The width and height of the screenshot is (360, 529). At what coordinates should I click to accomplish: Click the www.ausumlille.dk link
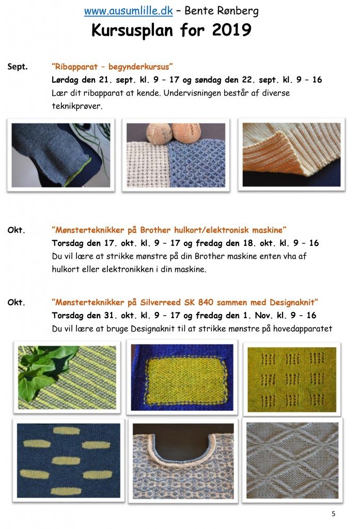click(x=128, y=11)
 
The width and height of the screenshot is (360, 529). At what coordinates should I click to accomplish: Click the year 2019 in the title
click(x=232, y=30)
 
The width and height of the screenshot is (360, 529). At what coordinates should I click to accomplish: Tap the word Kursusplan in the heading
click(x=132, y=30)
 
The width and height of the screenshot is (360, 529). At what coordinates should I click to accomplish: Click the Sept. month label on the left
click(x=18, y=67)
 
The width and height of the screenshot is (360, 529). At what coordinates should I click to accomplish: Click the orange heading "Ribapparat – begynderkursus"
click(x=113, y=67)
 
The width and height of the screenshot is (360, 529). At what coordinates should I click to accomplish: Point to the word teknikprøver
click(x=77, y=106)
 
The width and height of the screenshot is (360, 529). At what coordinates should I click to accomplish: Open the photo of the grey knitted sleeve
click(x=61, y=155)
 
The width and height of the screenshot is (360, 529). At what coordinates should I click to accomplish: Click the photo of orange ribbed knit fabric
click(x=291, y=154)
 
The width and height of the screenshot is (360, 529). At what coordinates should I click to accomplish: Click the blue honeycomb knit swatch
click(x=196, y=164)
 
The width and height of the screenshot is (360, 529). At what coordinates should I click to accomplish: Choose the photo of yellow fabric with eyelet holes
click(x=292, y=380)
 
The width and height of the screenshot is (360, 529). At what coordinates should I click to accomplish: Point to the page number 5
click(x=333, y=514)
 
